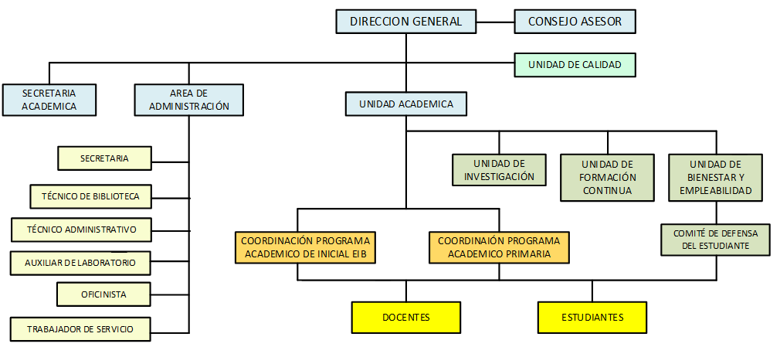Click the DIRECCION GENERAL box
click(x=405, y=22)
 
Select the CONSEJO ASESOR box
click(x=575, y=22)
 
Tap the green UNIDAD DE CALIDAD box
click(x=575, y=65)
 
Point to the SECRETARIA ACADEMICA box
click(x=49, y=100)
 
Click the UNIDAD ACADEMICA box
click(x=405, y=104)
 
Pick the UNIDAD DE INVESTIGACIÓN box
click(x=499, y=170)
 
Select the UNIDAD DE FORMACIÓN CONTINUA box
click(x=607, y=177)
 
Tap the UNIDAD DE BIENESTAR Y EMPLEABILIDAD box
click(x=715, y=177)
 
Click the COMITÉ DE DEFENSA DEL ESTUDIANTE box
click(x=715, y=240)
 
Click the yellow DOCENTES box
click(x=405, y=317)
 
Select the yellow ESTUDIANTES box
click(x=592, y=317)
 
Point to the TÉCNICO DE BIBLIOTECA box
click(x=90, y=196)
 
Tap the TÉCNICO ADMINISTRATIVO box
click(x=81, y=230)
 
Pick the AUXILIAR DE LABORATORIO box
click(x=81, y=263)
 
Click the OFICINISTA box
click(x=103, y=294)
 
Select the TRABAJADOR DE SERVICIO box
click(x=80, y=329)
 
